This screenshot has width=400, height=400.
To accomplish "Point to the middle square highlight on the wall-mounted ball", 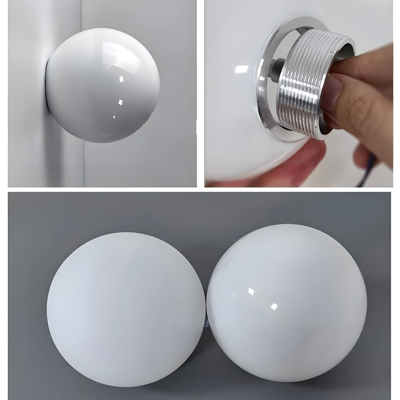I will pyautogui.click(x=120, y=101).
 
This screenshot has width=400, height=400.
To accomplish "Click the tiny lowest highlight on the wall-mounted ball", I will pyautogui.click(x=114, y=117).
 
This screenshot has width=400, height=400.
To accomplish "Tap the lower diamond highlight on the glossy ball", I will pyautogui.click(x=275, y=306).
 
